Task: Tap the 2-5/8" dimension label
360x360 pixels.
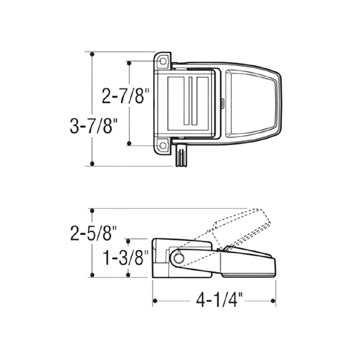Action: [x=94, y=233]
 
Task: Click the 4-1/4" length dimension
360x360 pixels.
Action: [x=215, y=301]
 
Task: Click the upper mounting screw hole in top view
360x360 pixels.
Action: [x=163, y=61]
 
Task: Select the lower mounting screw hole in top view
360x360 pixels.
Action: [x=163, y=145]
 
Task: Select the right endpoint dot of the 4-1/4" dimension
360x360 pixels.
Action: [x=273, y=301]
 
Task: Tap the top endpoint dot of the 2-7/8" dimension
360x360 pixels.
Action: [x=129, y=63]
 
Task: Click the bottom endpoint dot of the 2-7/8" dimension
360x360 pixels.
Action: [x=129, y=143]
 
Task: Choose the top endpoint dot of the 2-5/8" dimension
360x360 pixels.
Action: [x=92, y=211]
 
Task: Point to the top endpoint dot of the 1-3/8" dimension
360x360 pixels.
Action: [x=128, y=241]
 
